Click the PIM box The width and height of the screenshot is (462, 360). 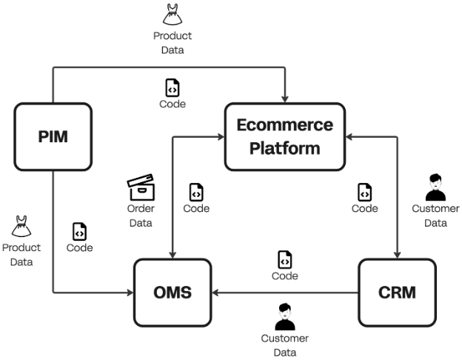(x=53, y=137)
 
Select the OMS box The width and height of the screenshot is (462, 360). (x=173, y=293)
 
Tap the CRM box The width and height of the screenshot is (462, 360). (x=397, y=293)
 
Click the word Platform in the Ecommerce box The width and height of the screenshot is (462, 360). (x=284, y=147)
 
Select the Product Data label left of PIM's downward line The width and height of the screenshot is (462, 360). (x=21, y=254)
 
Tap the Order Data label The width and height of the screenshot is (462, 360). (x=140, y=216)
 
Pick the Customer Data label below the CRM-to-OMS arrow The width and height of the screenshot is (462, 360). (x=284, y=344)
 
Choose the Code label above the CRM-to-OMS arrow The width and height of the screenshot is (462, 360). (x=285, y=276)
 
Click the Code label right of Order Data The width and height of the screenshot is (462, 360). (x=196, y=209)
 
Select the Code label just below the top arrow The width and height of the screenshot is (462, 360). (x=173, y=104)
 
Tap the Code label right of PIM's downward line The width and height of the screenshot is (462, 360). (x=79, y=247)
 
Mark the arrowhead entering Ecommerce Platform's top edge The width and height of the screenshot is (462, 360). (x=285, y=98)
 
